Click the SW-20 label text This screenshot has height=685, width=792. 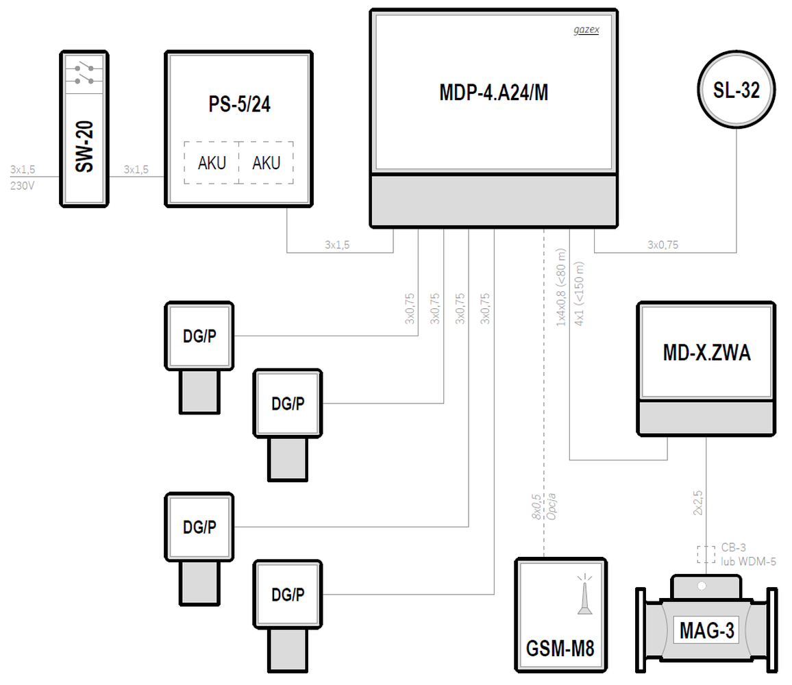[x=84, y=147]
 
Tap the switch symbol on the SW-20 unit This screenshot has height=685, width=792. [x=84, y=74]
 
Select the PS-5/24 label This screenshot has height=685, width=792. [x=239, y=104]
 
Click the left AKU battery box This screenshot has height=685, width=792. [x=212, y=162]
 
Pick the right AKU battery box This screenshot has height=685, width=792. [x=267, y=162]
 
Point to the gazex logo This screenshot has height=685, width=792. [x=586, y=30]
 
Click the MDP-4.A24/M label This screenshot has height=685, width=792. [x=493, y=92]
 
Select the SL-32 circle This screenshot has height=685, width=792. [x=737, y=90]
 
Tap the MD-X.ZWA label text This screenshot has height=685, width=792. [x=706, y=353]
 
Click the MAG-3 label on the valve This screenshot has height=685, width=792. [x=706, y=630]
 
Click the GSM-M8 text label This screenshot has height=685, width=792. [x=560, y=648]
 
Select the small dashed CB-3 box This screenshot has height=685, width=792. [x=706, y=554]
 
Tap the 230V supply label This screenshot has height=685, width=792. [x=22, y=186]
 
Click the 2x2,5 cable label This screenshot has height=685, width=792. [x=697, y=503]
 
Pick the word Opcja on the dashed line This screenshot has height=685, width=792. [x=552, y=506]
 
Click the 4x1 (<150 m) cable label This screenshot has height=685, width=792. [x=579, y=293]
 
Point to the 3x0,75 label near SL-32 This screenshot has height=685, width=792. [x=663, y=245]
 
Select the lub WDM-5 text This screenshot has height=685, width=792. [x=748, y=561]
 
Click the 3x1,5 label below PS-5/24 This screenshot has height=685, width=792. [x=337, y=245]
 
